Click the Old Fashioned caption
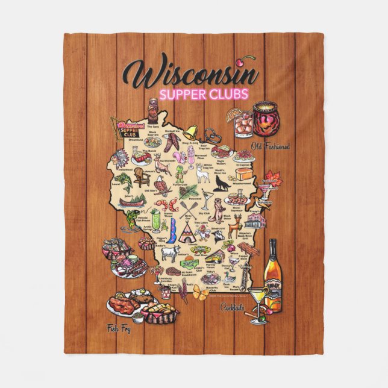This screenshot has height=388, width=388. coord(271,146)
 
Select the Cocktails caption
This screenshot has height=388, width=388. coord(232,308)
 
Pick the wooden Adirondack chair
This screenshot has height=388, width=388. coord(140,177)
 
